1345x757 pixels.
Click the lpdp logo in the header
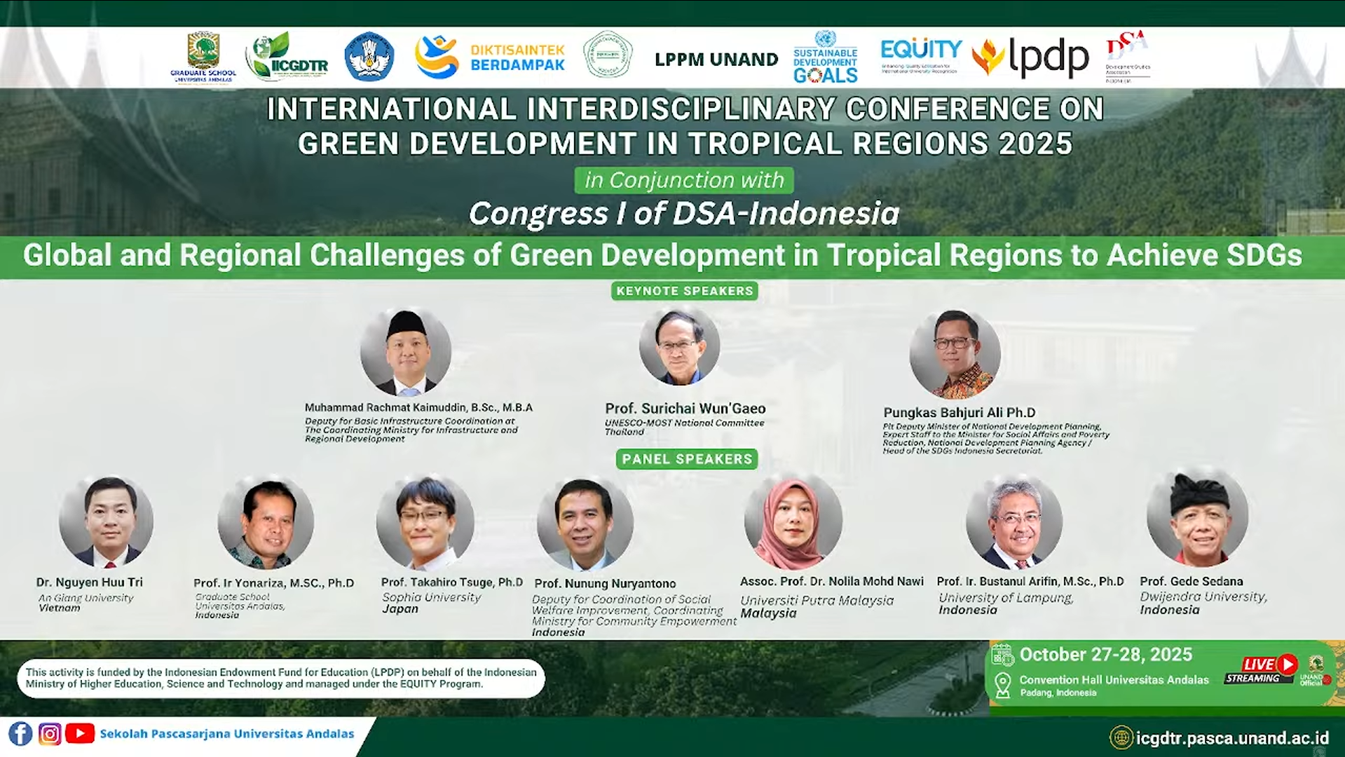(1031, 57)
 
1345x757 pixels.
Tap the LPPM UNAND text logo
(716, 60)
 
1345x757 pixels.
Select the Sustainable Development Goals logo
(825, 57)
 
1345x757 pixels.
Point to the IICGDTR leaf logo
(287, 57)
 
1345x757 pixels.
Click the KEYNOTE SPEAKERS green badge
(684, 291)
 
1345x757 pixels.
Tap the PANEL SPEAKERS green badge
(686, 459)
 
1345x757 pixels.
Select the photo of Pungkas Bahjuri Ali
(954, 354)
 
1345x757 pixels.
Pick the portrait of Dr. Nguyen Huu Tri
(106, 521)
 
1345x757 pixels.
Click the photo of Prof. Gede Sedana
(1197, 519)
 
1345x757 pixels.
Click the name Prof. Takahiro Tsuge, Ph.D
(451, 582)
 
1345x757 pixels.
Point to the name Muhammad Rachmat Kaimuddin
(418, 407)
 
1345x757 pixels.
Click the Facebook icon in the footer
(20, 734)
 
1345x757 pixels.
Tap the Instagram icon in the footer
(49, 734)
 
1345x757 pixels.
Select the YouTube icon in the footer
(79, 734)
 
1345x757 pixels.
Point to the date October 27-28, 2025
(1105, 655)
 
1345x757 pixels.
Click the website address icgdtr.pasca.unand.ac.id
(1231, 738)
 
